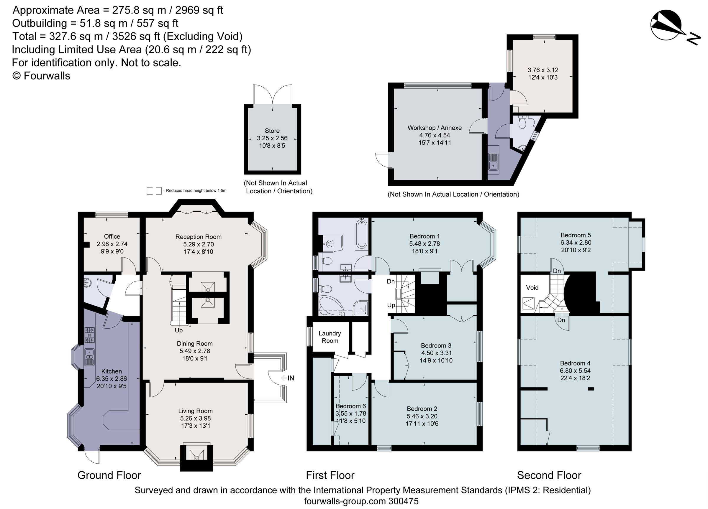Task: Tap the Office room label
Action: [x=112, y=236]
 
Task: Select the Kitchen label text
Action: [x=112, y=371]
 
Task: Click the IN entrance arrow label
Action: [x=290, y=378]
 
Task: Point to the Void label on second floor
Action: [x=532, y=288]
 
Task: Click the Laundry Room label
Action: [x=330, y=337]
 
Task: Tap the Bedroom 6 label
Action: [x=350, y=406]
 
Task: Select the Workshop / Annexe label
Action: [x=435, y=128]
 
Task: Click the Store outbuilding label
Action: [x=272, y=131]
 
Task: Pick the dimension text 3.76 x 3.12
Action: [x=543, y=70]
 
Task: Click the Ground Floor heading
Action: [x=109, y=475]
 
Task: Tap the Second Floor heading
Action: [x=549, y=475]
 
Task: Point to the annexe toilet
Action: [x=522, y=123]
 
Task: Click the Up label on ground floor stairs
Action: [x=178, y=330]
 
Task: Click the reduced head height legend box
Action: [x=154, y=191]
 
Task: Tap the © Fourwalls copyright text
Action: [x=41, y=76]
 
